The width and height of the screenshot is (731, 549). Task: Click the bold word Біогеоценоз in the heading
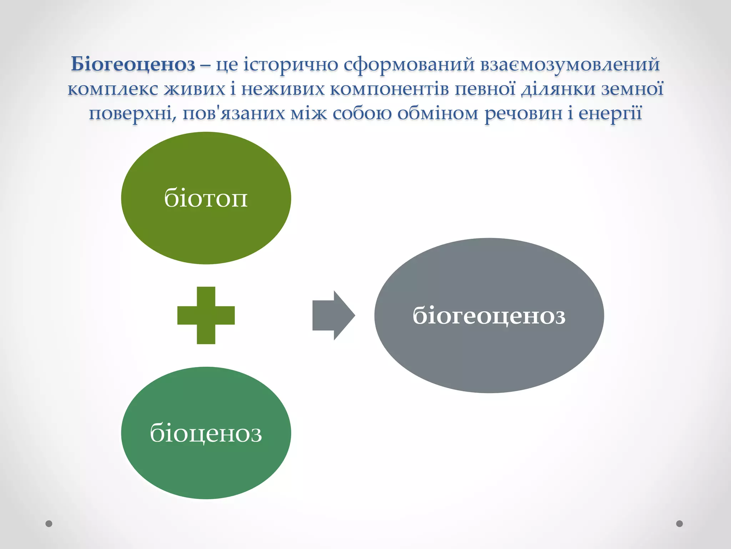[x=133, y=65]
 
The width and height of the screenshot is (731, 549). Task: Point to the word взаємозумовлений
[x=570, y=65]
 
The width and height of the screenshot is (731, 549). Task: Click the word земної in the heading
[x=632, y=89]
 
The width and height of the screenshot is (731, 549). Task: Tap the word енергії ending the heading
[x=610, y=114]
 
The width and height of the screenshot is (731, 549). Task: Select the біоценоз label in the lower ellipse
[x=206, y=433]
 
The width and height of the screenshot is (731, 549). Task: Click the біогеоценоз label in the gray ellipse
[x=489, y=316]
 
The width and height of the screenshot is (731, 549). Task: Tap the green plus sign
[x=206, y=315]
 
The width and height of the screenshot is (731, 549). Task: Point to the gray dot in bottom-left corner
[x=49, y=524]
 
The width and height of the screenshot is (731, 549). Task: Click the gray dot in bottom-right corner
[x=680, y=524]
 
